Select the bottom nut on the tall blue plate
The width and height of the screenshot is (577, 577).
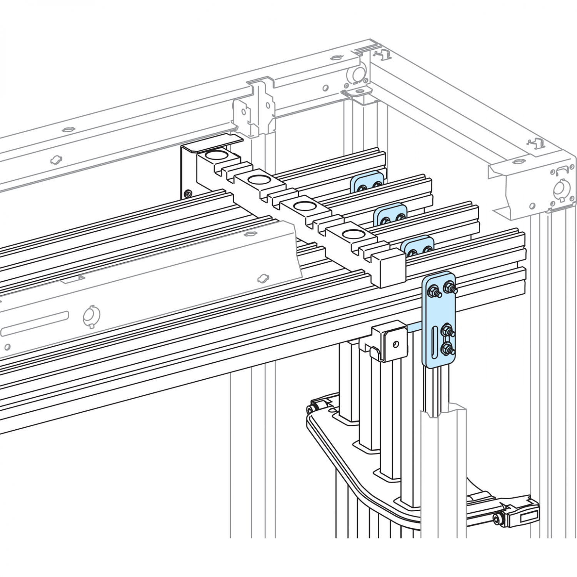click(447, 349)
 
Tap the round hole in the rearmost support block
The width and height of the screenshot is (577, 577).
click(217, 155)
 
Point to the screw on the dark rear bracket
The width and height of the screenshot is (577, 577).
click(187, 193)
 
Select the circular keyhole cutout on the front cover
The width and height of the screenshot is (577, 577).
click(91, 317)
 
